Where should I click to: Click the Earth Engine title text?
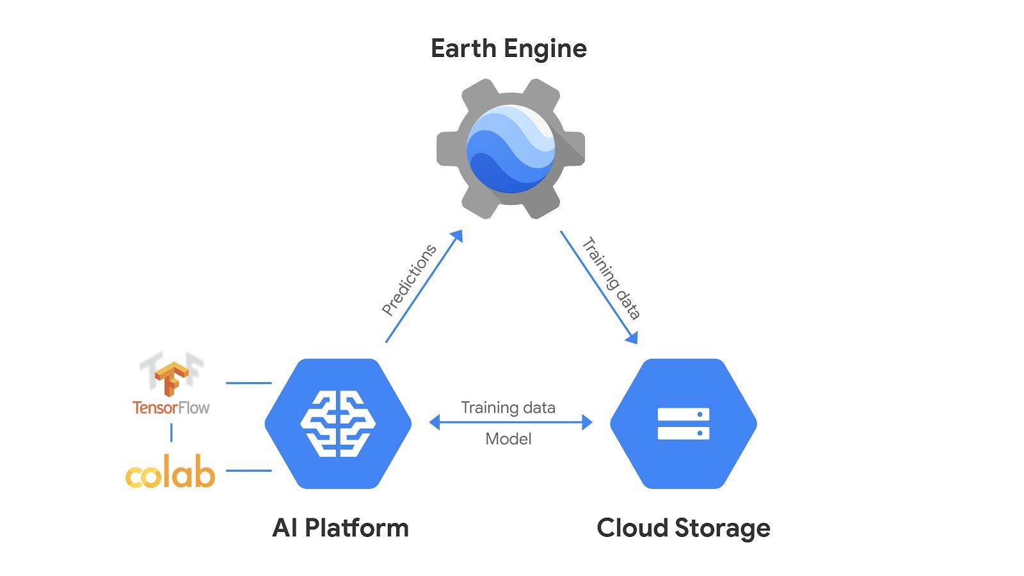508,49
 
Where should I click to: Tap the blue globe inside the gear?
511,148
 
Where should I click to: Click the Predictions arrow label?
409,280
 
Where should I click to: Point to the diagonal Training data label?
611,278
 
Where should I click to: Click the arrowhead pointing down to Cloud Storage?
632,337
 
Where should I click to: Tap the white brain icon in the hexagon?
338,424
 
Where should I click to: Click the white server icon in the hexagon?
684,424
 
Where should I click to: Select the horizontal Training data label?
508,408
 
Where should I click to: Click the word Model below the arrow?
508,439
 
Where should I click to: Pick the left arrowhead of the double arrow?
435,422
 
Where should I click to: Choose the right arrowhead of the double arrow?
587,422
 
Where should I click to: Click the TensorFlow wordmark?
171,408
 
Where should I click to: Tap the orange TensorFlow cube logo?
172,378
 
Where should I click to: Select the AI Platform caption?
340,529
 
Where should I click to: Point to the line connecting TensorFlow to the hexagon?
249,383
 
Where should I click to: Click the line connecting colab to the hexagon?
249,470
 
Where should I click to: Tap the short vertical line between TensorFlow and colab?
172,433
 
